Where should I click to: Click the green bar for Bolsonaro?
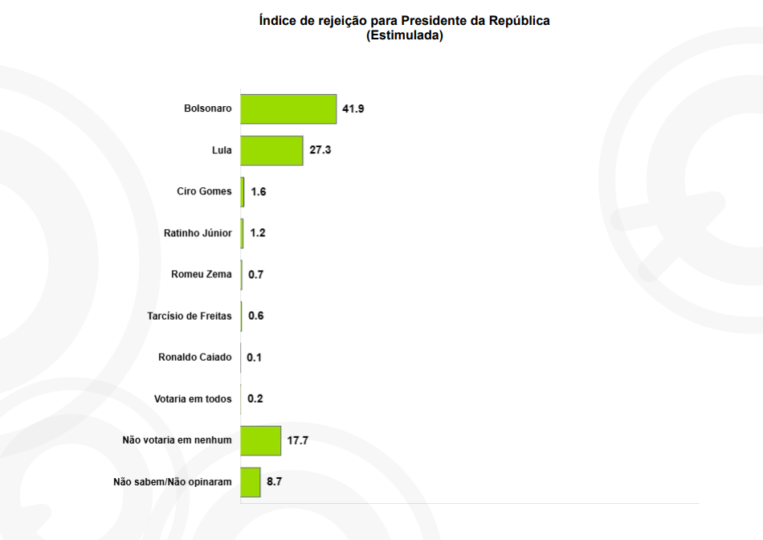click(288, 108)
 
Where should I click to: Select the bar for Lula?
click(271, 150)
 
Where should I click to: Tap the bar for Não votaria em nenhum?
click(261, 440)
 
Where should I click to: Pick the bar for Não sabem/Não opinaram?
click(251, 482)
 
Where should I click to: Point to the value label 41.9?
click(353, 108)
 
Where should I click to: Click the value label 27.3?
click(320, 150)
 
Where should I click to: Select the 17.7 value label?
click(298, 440)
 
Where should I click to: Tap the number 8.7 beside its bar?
click(275, 482)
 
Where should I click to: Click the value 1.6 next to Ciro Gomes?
click(259, 192)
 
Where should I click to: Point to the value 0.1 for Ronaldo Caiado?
click(254, 358)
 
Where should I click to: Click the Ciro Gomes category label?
click(204, 191)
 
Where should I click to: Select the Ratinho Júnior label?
click(198, 233)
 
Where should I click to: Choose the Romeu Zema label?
click(201, 274)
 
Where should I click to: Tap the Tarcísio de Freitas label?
click(190, 316)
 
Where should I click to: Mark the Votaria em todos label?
click(193, 399)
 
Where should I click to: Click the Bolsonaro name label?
click(207, 108)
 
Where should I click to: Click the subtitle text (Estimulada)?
click(405, 35)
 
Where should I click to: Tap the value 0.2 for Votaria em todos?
click(255, 399)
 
